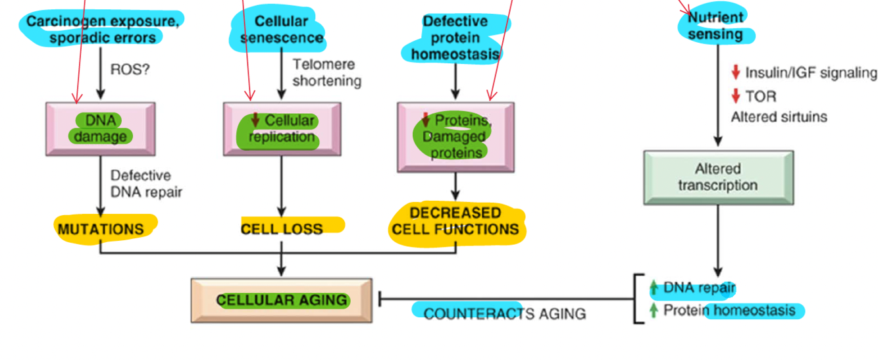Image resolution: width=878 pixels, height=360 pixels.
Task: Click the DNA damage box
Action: coord(100,128)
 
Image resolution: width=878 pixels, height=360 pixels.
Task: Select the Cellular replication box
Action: coord(282,128)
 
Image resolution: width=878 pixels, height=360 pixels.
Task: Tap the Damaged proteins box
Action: coord(455,136)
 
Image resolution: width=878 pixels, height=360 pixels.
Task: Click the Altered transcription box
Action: coord(718,177)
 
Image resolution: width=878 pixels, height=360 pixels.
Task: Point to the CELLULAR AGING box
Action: coord(282,300)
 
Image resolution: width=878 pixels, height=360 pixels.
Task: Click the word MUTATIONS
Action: coord(100,229)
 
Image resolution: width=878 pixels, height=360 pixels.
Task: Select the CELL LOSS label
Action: coord(282,229)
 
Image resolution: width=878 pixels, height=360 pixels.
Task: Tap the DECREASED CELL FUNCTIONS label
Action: coord(455,221)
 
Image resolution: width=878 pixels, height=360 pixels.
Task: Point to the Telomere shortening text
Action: coord(326,72)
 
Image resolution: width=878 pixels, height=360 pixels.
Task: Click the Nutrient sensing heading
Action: coord(715,26)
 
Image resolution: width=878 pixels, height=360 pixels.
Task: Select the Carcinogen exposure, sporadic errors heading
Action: coord(102,29)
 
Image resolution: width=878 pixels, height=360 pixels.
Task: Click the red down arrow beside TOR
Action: coord(736,97)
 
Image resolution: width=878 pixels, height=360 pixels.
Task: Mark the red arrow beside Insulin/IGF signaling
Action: coord(736,72)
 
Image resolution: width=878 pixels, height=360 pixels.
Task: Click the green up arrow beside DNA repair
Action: coord(654,288)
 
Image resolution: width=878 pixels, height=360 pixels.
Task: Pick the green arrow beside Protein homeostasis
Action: coord(654,310)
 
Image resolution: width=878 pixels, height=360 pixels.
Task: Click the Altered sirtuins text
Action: coord(779,117)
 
